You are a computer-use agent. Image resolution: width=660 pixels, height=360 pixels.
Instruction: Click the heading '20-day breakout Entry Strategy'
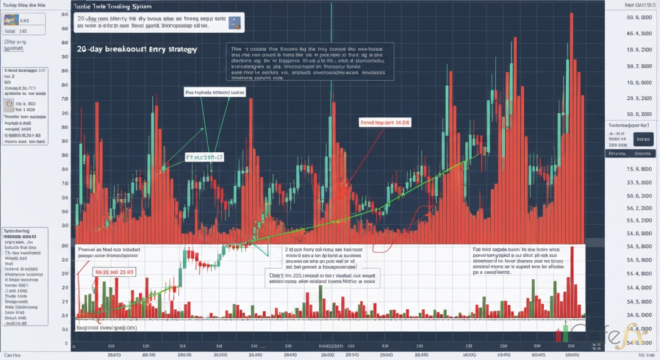pos(137,50)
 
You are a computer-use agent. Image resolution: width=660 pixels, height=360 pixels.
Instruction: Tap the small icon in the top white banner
pos(235,22)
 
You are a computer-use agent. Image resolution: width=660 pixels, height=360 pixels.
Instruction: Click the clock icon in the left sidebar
pos(8,104)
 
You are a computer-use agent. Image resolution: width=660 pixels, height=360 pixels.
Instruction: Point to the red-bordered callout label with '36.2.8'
pos(385,122)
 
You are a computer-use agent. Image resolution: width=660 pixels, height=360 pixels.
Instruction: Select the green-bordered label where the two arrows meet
pos(204,157)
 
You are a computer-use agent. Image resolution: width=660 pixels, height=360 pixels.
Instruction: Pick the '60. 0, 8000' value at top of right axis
pos(635,17)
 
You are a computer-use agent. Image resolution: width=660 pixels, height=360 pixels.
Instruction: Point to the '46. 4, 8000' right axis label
pos(635,34)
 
